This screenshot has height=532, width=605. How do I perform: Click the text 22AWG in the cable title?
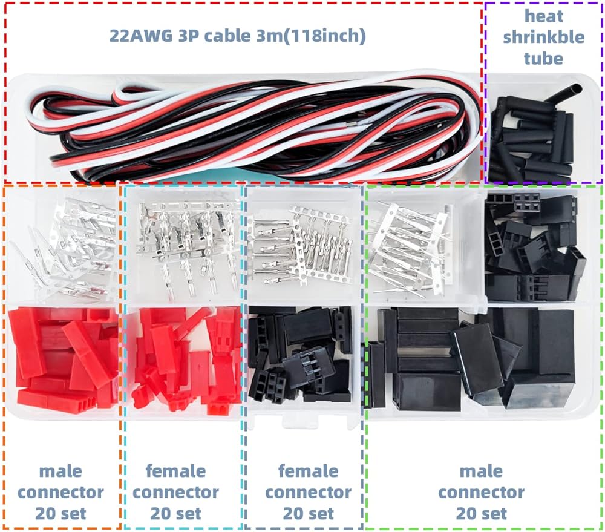pyautogui.click(x=141, y=36)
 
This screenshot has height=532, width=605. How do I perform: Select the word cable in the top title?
pyautogui.click(x=227, y=36)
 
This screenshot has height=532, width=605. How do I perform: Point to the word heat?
pyautogui.click(x=544, y=16)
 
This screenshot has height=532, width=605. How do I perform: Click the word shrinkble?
pyautogui.click(x=544, y=38)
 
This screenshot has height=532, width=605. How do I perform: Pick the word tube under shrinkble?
pyautogui.click(x=543, y=59)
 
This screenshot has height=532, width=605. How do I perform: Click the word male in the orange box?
pyautogui.click(x=60, y=471)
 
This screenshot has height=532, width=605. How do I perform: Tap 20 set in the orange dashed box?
pyautogui.click(x=60, y=514)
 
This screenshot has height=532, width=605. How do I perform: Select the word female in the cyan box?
pyautogui.click(x=175, y=471)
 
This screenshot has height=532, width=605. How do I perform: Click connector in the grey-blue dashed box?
pyautogui.click(x=309, y=493)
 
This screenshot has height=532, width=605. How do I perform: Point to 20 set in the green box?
pyautogui.click(x=481, y=514)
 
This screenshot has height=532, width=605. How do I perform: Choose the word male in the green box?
pyautogui.click(x=481, y=471)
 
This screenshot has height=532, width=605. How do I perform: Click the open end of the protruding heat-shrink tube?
pyautogui.click(x=577, y=88)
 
